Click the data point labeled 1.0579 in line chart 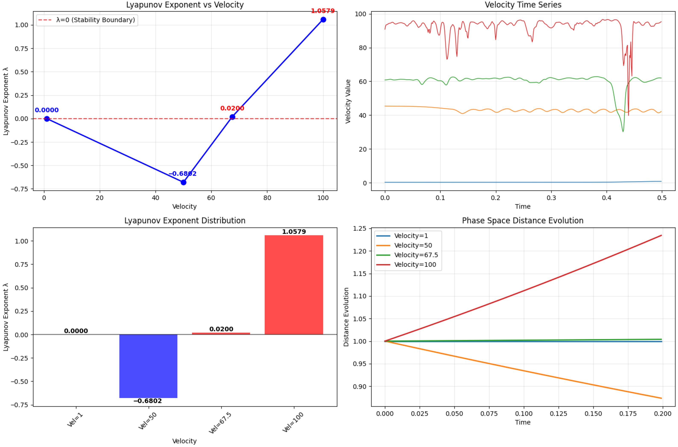coord(323,20)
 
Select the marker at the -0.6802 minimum coord(184,182)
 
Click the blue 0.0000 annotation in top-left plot coord(47,110)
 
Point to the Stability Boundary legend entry coord(87,20)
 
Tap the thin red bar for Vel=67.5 coord(221,333)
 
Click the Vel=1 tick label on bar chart coord(75,420)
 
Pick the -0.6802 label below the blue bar coord(148,401)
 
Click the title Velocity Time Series coord(523,5)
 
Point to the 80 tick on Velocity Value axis coord(363,48)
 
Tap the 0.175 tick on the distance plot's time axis coord(628,413)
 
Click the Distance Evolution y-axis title coord(346,317)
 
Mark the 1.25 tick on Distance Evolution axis coord(359,229)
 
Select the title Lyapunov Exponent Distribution coord(185,221)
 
